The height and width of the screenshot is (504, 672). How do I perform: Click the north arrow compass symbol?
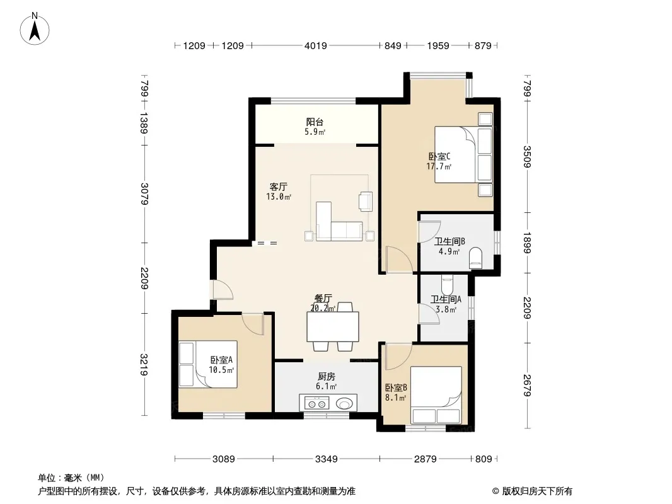click(35, 29)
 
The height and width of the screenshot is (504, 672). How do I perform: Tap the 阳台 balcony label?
click(315, 122)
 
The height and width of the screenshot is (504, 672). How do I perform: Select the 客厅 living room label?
click(278, 186)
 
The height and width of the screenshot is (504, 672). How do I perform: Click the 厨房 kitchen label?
click(327, 376)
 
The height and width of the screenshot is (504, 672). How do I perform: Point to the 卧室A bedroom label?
click(221, 360)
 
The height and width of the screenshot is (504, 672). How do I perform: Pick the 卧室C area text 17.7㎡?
click(439, 166)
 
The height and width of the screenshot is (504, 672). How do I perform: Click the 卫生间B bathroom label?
click(449, 241)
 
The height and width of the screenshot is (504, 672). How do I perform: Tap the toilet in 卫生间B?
click(476, 259)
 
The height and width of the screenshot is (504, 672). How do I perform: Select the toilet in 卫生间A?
click(447, 285)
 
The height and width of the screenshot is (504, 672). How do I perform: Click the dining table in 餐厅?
click(333, 327)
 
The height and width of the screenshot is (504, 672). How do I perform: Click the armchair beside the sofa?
click(366, 201)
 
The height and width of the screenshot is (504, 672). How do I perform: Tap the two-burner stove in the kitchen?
click(316, 403)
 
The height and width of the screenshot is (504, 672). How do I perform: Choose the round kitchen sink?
click(345, 403)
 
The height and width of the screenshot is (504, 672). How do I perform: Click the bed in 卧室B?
click(436, 395)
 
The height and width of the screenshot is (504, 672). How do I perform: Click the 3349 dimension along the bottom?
click(327, 459)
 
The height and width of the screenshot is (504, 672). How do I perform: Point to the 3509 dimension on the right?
click(527, 157)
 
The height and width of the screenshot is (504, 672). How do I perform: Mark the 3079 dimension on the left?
click(144, 194)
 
